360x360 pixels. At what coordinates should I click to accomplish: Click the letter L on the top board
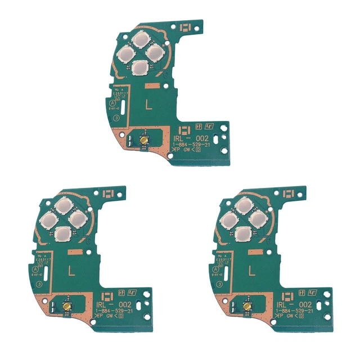tap(148, 104)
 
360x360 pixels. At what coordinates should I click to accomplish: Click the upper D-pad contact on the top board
tap(138, 40)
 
